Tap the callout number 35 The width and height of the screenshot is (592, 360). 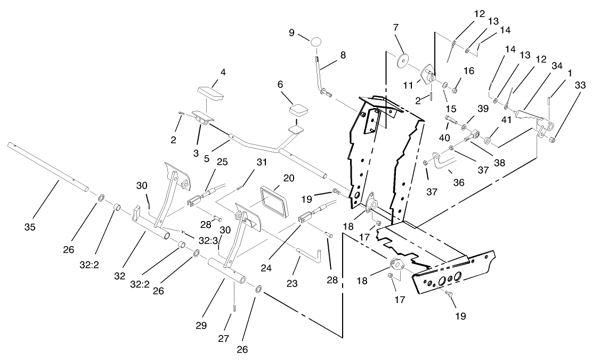tap(29, 227)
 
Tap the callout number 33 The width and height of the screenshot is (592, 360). tap(579, 85)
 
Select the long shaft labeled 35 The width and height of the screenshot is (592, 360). tap(48, 165)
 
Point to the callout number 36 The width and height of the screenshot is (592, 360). tap(458, 182)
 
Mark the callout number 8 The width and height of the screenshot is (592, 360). tap(343, 54)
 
